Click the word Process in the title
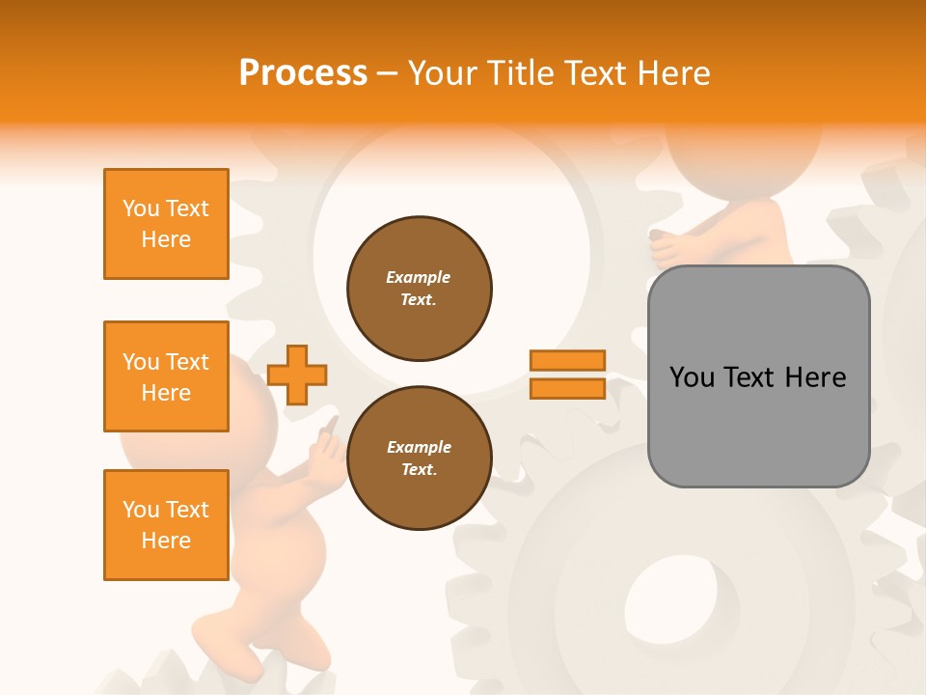pos(303,72)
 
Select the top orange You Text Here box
pos(166,224)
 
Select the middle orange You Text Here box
pos(166,376)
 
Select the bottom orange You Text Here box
pos(166,525)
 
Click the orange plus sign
pos(297,375)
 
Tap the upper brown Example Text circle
pos(420,288)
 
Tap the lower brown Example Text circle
pos(420,458)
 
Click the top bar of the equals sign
pos(567,361)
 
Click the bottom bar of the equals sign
pos(567,388)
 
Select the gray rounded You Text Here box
pos(758,376)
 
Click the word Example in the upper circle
pos(419,277)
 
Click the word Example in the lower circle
pos(419,447)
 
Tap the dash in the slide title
pos(388,72)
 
